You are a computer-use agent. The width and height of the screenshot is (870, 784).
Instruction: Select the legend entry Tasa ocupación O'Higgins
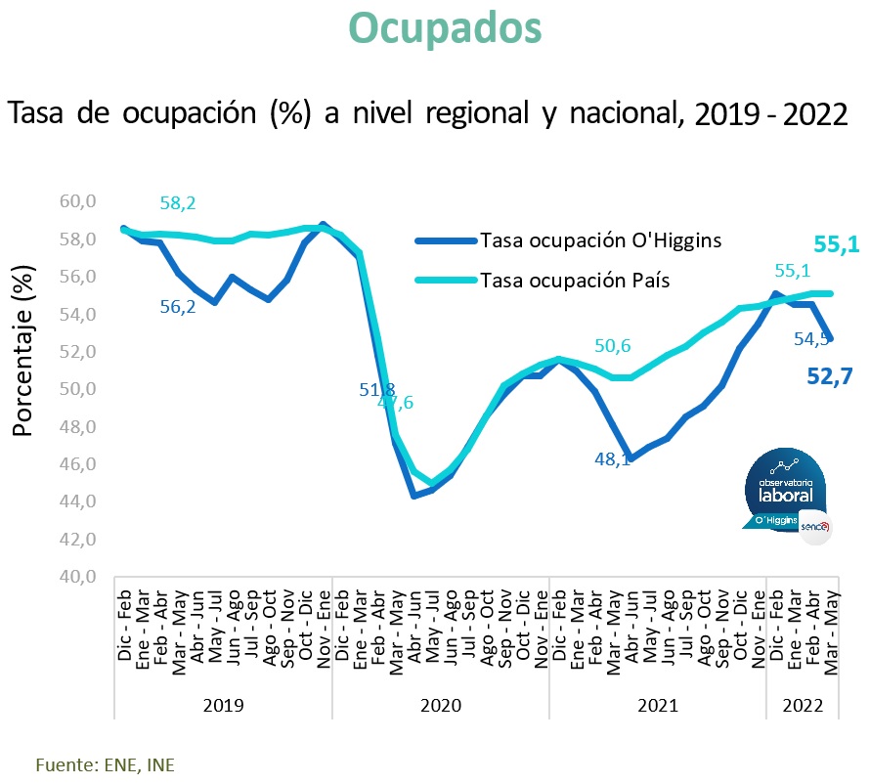point(600,240)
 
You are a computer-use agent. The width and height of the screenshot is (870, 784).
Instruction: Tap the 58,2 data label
point(178,204)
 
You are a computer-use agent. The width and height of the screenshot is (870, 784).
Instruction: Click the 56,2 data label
point(178,306)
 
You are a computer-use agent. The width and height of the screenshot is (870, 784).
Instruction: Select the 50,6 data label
point(613,346)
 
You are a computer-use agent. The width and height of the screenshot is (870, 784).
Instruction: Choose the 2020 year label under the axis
point(442,704)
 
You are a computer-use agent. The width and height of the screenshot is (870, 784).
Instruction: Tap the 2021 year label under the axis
point(657,704)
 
